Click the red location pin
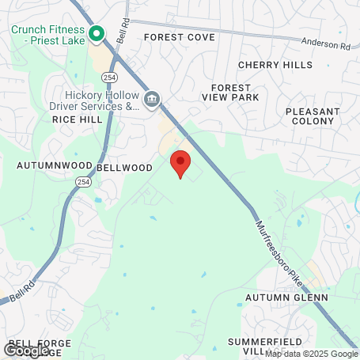tap(181, 163)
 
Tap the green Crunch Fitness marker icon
tap(97, 33)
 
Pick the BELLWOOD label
tap(123, 168)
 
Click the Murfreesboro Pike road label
tap(279, 248)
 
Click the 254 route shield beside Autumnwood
tap(83, 182)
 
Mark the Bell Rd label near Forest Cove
tap(122, 31)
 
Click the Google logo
tap(25, 349)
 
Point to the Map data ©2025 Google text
tap(311, 354)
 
